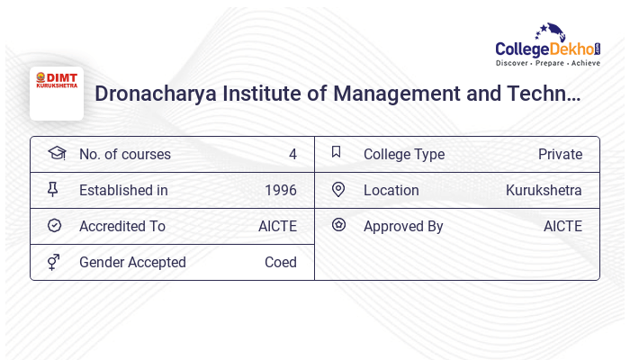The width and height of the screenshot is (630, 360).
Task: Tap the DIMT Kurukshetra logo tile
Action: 57,94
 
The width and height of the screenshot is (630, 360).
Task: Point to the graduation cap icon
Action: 56,153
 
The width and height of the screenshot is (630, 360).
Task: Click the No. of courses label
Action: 124,154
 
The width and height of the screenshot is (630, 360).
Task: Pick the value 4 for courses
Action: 292,154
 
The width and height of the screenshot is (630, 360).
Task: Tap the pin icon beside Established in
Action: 54,190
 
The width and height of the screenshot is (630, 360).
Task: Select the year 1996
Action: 281,190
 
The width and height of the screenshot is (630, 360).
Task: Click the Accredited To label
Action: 122,226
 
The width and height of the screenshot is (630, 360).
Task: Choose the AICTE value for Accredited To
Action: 277,226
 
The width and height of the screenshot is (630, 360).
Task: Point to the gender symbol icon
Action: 54,262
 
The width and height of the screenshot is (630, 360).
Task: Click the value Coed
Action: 281,262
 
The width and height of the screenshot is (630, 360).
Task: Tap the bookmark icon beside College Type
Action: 337,152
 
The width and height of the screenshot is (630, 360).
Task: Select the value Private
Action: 560,154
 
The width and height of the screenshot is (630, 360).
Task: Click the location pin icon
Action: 337,189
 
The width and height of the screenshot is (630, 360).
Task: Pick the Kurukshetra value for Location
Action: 544,190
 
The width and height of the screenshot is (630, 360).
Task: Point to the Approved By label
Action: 403,226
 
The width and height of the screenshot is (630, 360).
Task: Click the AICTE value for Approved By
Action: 562,226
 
